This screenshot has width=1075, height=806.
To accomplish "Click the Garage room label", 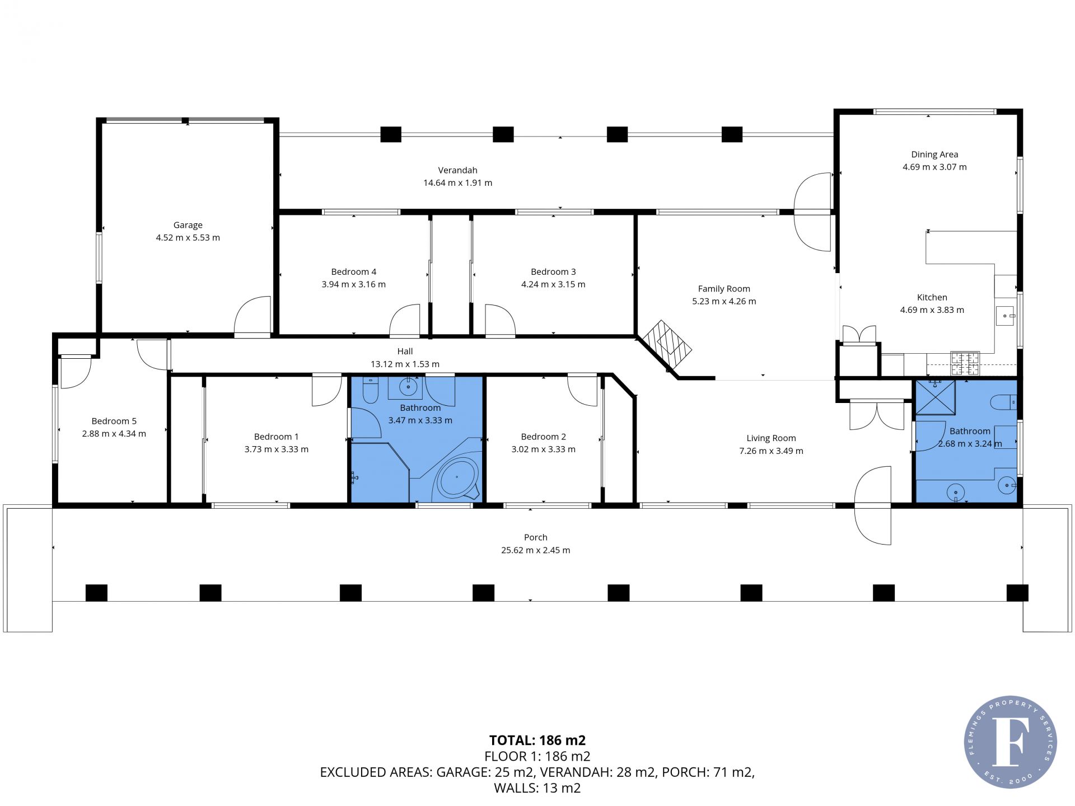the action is pos(188,225).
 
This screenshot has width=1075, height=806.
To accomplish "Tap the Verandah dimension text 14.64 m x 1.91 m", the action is pos(457,183).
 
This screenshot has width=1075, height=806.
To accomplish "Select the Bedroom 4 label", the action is pos(353,272).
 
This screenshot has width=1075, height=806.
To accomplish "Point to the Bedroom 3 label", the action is pos(553,272).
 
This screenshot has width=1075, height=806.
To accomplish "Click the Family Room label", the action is pos(724,289).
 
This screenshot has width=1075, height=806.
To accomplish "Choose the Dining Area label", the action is pos(934,155).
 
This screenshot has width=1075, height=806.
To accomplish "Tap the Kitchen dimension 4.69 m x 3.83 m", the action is pos(932,310).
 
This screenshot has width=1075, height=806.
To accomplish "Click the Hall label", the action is pos(405,352).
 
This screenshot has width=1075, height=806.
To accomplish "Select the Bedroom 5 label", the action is pos(114,421).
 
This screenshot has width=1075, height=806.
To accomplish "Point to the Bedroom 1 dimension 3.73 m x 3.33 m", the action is pos(276,449).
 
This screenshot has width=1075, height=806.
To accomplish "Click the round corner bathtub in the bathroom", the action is pos(457,477).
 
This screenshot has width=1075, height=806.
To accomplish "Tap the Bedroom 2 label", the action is pos(543,437).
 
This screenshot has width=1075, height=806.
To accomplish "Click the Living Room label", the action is pos(771,439).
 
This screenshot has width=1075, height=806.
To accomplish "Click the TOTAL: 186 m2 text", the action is pos(537,741).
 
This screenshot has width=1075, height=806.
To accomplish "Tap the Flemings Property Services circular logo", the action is pos(1010,742).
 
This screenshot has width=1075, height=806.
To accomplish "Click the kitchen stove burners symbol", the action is pos(965,363).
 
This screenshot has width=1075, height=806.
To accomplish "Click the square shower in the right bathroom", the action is pos(935,397).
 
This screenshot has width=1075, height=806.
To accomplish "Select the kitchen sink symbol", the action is pos(1006,316).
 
